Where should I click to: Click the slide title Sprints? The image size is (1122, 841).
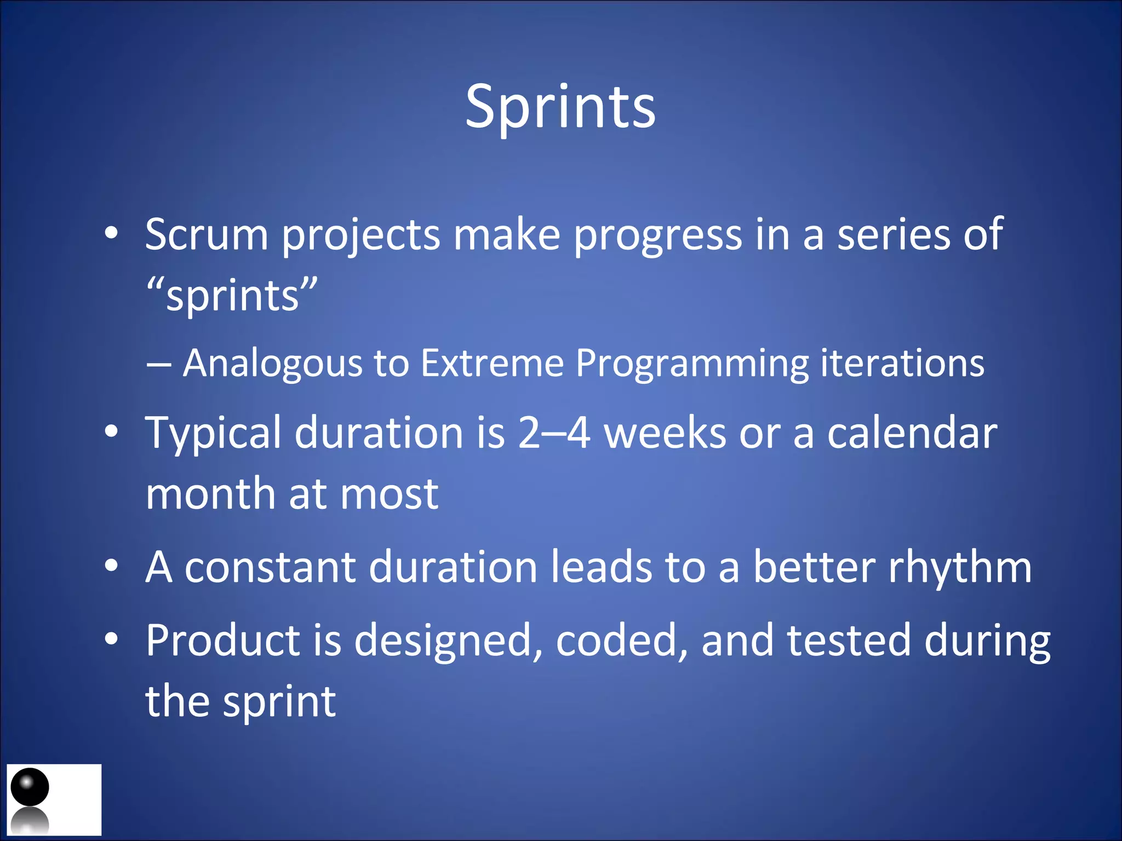point(560,107)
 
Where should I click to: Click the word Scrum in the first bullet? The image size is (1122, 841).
point(207,234)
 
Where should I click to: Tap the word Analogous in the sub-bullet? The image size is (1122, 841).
point(272,363)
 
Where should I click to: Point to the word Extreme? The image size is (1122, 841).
point(491,363)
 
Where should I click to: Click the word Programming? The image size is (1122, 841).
point(691,364)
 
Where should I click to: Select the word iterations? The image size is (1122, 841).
point(902,363)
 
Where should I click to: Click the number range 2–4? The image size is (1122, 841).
point(554,433)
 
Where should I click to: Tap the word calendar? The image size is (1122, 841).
point(912,433)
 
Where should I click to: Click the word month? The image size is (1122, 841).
point(210,493)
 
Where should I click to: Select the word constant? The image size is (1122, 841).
point(270,567)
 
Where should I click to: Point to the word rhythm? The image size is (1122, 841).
point(960,567)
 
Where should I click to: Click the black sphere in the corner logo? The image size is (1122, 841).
point(30,787)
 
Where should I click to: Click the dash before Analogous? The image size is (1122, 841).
point(159,364)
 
